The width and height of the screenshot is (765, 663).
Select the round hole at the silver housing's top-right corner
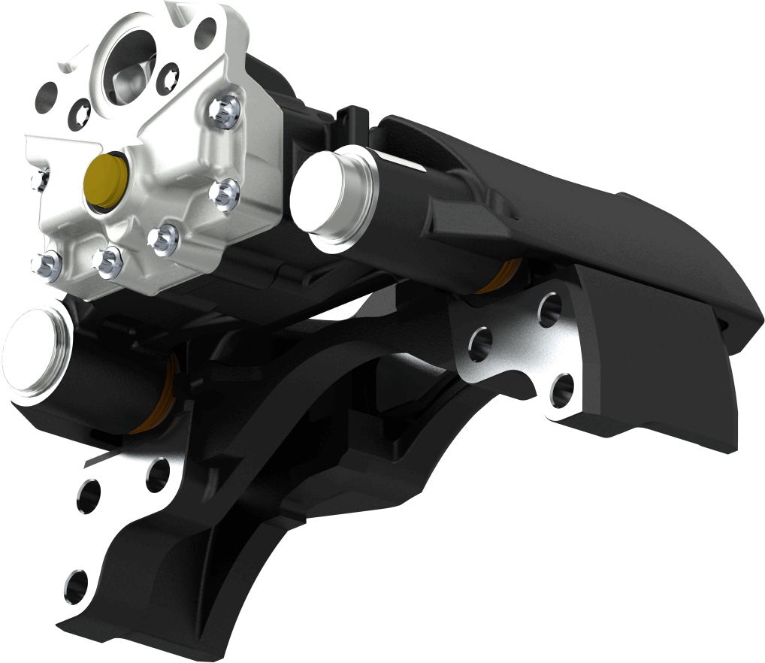(x=205, y=32)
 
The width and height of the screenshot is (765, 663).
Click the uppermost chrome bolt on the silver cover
(x=225, y=110)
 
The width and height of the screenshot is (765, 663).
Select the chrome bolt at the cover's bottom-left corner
(x=44, y=265)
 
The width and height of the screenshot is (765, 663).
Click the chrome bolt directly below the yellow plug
(x=107, y=260)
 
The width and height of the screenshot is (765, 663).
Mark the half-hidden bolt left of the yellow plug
(x=39, y=179)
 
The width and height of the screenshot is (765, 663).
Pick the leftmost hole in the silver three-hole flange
(x=481, y=344)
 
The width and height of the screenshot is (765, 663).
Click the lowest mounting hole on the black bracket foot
(x=76, y=585)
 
